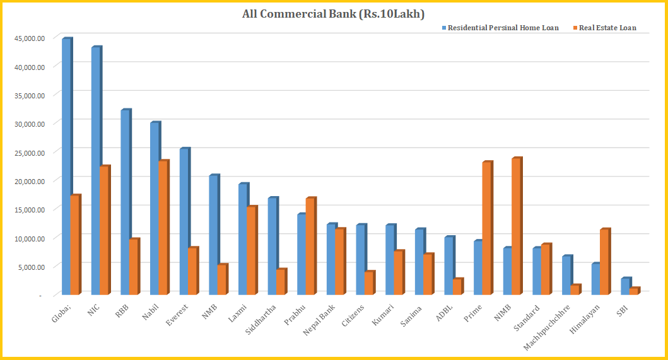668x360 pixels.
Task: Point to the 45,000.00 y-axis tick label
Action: (30, 38)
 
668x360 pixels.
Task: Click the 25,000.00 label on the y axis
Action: (30, 153)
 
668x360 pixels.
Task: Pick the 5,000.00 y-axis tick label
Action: (32, 267)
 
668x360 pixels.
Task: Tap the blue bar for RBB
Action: (125, 202)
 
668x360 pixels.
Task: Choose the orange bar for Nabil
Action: (162, 228)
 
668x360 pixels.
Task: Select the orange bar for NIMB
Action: (516, 226)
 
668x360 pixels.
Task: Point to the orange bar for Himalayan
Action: (604, 262)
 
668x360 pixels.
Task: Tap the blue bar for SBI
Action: (625, 286)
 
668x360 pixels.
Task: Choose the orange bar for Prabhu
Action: (310, 247)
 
